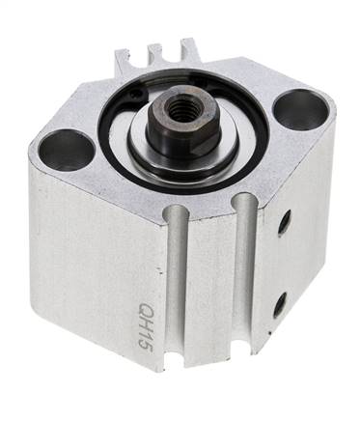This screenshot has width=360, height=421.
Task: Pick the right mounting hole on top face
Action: (299, 111)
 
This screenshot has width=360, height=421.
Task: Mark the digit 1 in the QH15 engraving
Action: (146, 335)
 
